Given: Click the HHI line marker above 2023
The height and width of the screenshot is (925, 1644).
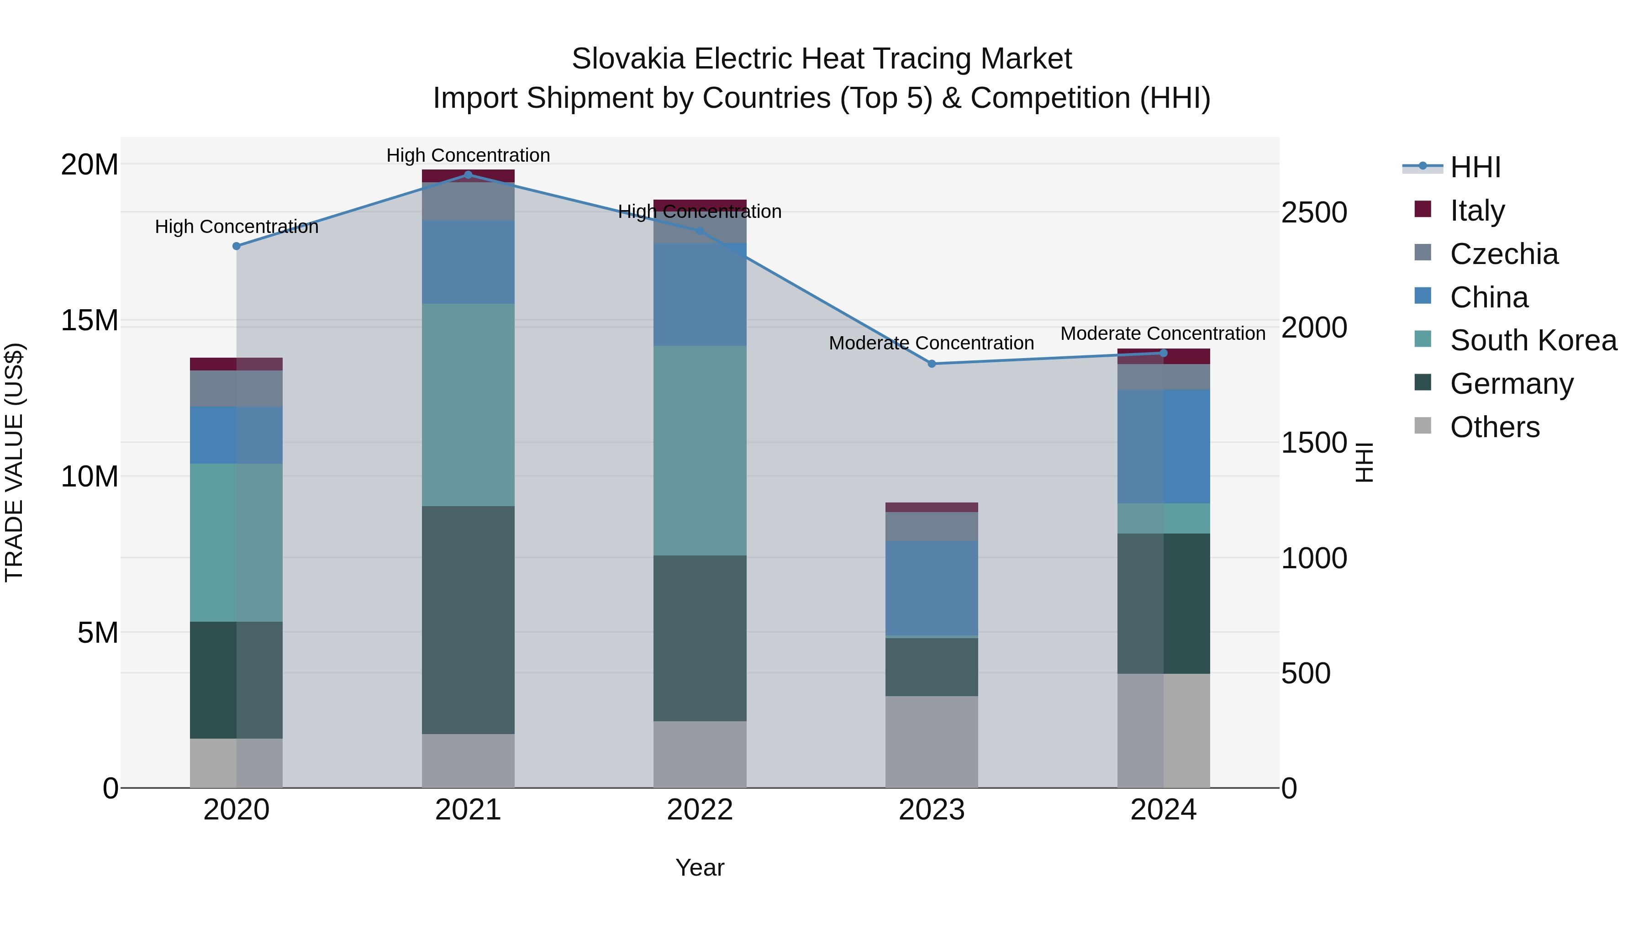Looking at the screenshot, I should point(931,364).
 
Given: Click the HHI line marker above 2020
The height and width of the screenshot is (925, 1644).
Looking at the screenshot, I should point(237,246).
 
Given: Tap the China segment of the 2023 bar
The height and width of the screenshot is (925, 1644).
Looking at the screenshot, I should point(931,588).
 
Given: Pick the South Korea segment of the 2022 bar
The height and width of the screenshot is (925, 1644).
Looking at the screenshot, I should point(700,450).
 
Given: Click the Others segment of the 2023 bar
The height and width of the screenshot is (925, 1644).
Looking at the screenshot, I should point(931,741).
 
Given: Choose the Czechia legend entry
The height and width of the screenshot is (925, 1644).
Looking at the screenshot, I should point(1504,254).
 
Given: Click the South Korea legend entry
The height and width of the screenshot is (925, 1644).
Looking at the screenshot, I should point(1533,340).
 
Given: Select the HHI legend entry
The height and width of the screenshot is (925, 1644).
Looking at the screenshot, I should point(1474,167).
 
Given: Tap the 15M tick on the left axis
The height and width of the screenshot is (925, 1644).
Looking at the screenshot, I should point(90,321).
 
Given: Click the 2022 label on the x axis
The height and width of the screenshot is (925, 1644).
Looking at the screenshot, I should point(700,810).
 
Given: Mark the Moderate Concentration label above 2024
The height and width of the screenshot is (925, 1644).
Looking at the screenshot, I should point(1163,333).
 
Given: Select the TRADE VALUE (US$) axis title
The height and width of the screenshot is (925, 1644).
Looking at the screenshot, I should point(14,462).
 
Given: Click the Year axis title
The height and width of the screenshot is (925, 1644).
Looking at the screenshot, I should point(700,867).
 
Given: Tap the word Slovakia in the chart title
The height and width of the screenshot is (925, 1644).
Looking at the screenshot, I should point(629,59).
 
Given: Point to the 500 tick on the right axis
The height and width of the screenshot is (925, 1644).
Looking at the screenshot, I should point(1306,673).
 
